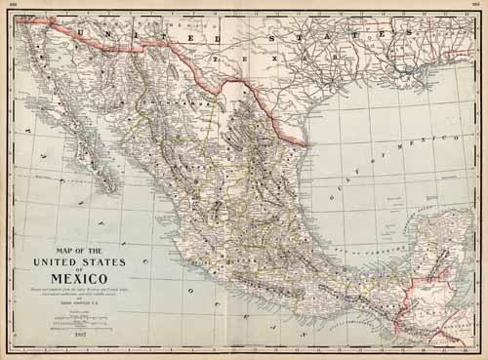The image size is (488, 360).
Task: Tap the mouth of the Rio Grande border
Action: pyautogui.click(x=310, y=148)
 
